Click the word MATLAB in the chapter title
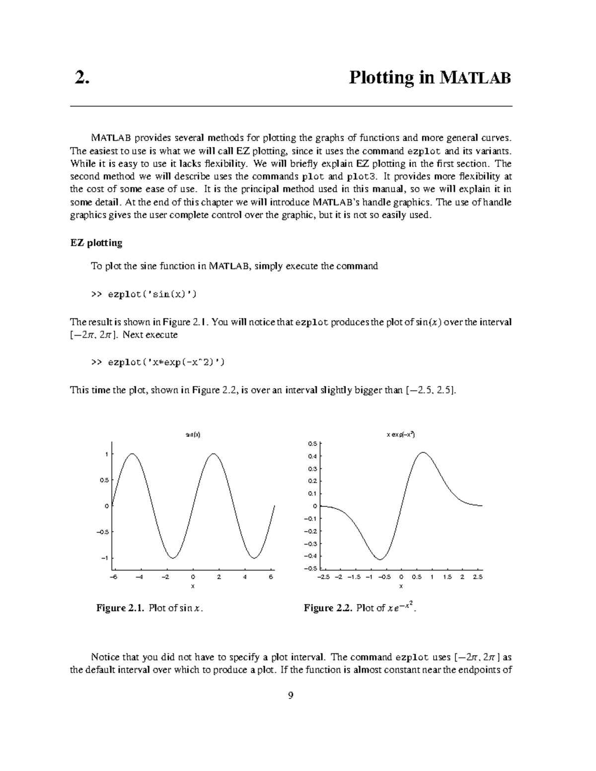pyautogui.click(x=475, y=78)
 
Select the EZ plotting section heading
pyautogui.click(x=96, y=243)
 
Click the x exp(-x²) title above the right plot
pyautogui.click(x=401, y=434)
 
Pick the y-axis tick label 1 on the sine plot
pyautogui.click(x=106, y=454)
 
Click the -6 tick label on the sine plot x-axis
pyautogui.click(x=113, y=577)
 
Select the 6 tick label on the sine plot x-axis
pyautogui.click(x=271, y=577)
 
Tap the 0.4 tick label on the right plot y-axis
pyautogui.click(x=312, y=456)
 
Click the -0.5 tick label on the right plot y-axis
pyautogui.click(x=311, y=568)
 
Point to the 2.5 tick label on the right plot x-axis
pyautogui.click(x=478, y=577)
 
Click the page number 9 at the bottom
pyautogui.click(x=291, y=696)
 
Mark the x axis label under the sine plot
pyautogui.click(x=193, y=586)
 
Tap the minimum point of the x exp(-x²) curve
pyautogui.click(x=379, y=560)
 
